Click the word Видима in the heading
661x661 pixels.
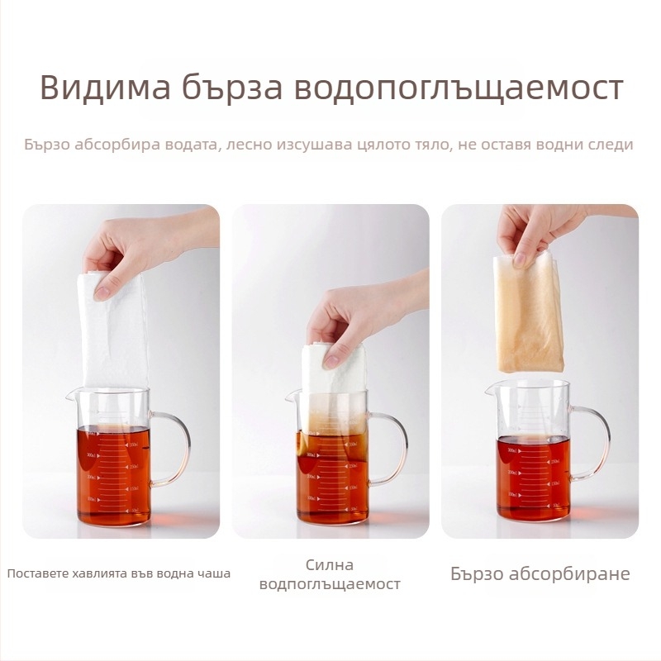click(106, 88)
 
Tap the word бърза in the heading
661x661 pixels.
click(233, 88)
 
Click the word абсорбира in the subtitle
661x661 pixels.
click(118, 144)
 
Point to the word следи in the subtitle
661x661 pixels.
click(609, 145)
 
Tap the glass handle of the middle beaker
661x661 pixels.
click(397, 448)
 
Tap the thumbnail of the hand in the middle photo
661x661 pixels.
click(330, 361)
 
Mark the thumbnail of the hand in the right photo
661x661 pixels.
click(519, 259)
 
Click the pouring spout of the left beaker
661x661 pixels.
click(70, 395)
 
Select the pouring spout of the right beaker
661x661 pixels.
click(489, 390)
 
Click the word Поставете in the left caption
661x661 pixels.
click(38, 573)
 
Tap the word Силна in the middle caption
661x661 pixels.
click(330, 565)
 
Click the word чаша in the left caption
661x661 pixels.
click(215, 573)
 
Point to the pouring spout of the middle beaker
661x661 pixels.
click(289, 396)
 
